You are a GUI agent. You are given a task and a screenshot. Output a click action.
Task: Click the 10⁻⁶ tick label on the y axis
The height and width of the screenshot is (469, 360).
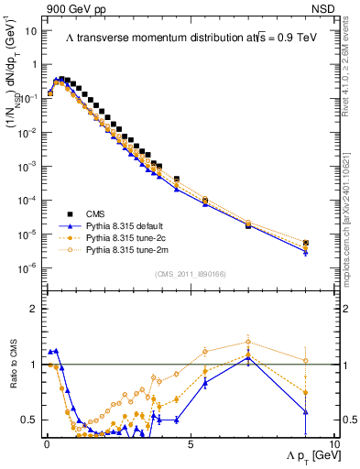pyautogui.click(x=27, y=268)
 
